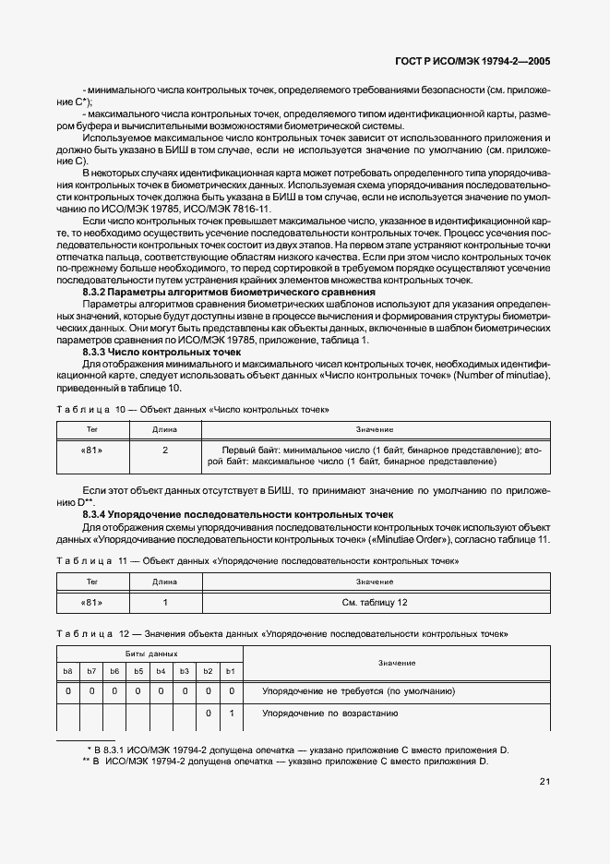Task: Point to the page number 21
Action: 544,782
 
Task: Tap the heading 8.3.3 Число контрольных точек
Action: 161,352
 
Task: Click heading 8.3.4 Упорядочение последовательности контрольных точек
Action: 238,514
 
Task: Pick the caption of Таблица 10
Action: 193,408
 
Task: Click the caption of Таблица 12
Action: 282,634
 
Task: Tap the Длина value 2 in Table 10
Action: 164,450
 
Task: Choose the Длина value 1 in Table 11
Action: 164,602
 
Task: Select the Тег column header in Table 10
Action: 92,429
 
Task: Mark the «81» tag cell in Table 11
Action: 92,602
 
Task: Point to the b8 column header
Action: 67,670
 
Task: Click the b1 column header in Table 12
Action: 231,670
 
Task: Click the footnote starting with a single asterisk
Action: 301,749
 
